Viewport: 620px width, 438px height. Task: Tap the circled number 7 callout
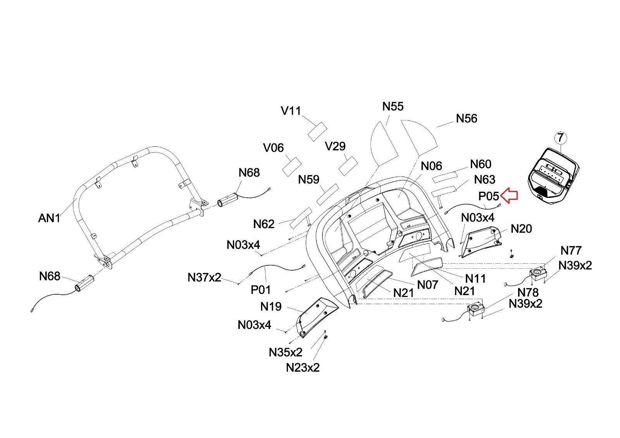[x=561, y=137]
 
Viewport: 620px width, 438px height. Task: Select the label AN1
[x=49, y=218]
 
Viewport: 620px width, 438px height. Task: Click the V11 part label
[x=291, y=111]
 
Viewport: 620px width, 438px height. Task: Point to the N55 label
[x=393, y=106]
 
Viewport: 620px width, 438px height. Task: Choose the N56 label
[x=467, y=119]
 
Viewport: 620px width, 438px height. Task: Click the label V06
[x=273, y=148]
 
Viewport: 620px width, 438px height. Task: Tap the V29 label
[x=335, y=146]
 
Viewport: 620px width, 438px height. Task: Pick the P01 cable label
[x=261, y=289]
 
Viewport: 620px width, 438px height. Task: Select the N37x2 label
[x=204, y=277]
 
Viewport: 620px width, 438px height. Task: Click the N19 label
[x=271, y=307]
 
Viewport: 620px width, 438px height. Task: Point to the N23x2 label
[x=303, y=367]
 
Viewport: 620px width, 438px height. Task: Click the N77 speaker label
[x=571, y=251]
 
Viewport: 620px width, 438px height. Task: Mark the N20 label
[x=521, y=229]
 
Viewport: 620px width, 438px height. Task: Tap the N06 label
[x=431, y=166]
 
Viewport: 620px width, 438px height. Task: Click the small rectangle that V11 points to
[x=317, y=131]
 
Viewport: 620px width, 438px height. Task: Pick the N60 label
[x=480, y=164]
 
